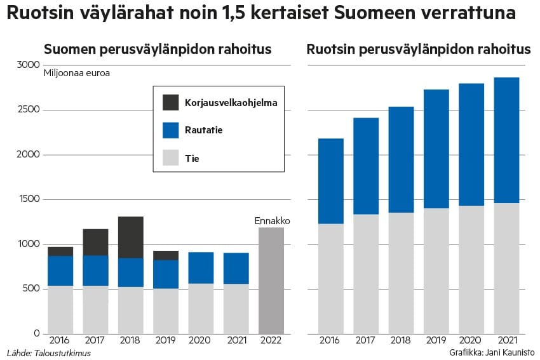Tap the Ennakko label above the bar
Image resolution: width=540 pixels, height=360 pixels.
tap(272, 221)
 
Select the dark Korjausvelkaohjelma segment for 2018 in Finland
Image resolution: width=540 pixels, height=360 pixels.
tap(131, 237)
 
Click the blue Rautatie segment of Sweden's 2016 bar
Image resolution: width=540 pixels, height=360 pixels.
tap(331, 181)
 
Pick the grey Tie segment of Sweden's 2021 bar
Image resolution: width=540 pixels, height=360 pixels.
tap(506, 268)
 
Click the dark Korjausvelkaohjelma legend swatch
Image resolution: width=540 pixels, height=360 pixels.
tap(171, 102)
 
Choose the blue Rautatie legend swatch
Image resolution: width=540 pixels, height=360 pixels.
tap(171, 130)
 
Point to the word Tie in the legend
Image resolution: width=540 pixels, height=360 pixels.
tap(192, 158)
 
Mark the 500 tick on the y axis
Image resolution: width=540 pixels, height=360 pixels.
tap(32, 289)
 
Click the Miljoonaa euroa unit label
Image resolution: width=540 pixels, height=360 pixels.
tap(76, 73)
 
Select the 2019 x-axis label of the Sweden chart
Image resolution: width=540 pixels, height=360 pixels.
tap(436, 341)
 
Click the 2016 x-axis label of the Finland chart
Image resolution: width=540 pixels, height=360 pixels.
tap(60, 341)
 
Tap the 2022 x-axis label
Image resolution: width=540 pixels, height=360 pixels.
tap(271, 341)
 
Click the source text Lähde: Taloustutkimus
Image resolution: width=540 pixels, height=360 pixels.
tap(48, 352)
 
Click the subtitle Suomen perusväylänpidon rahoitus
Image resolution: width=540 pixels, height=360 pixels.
tap(158, 50)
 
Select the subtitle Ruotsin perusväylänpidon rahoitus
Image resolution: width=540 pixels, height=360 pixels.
tap(419, 50)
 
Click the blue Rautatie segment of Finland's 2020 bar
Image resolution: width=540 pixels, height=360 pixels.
tap(201, 267)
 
